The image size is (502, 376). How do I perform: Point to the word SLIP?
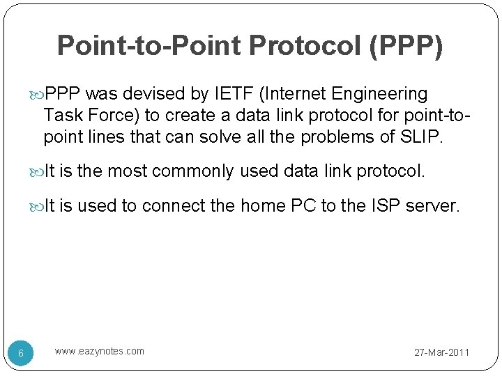point(422,138)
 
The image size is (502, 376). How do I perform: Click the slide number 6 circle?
point(21,354)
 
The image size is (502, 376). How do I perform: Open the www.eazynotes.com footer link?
point(100,351)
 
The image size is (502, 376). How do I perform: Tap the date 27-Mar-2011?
point(442,353)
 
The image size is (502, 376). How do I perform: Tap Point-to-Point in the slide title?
point(148,45)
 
